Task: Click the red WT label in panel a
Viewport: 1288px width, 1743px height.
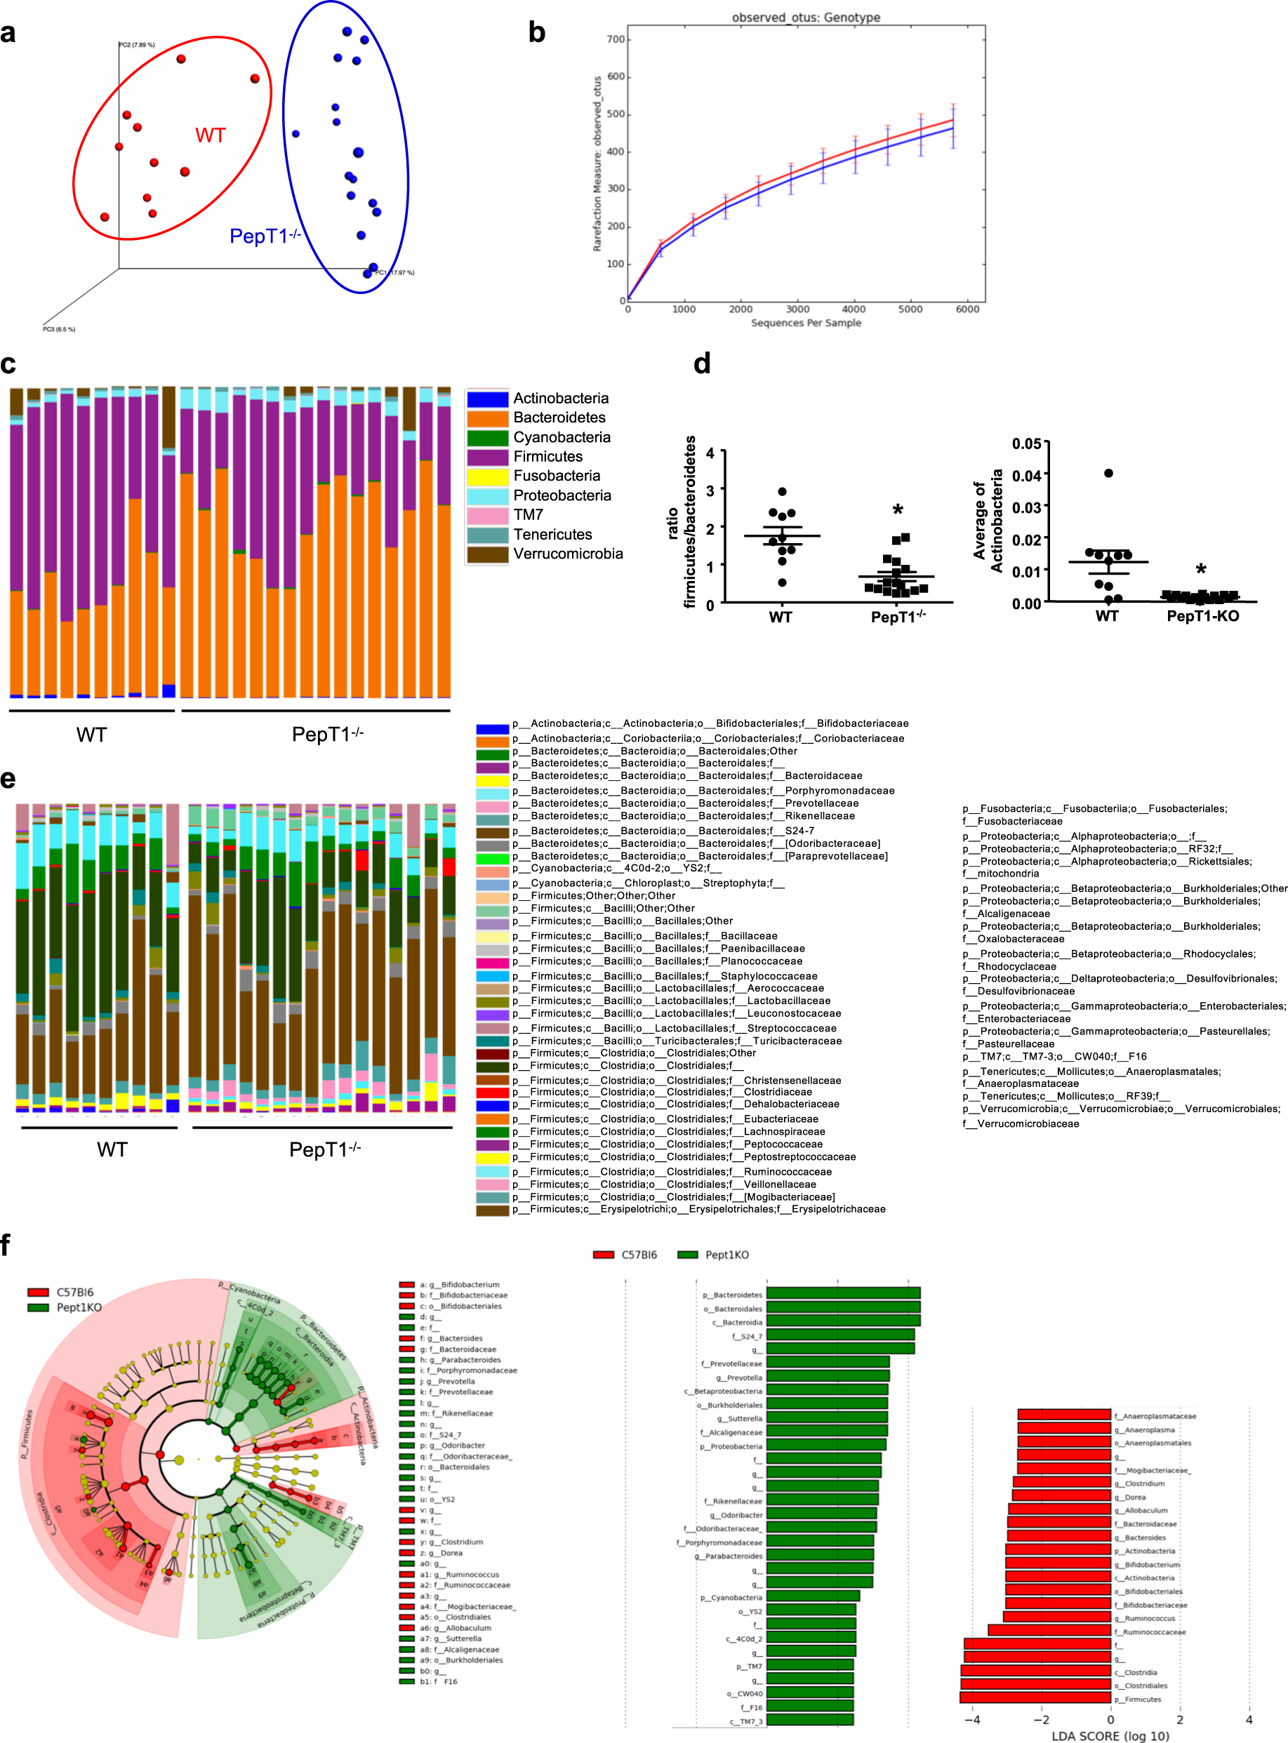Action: (211, 135)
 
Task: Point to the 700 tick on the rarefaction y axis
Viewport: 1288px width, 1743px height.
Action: (615, 40)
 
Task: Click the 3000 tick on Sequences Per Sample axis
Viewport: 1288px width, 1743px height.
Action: (797, 309)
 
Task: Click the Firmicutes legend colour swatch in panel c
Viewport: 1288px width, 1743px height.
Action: (487, 457)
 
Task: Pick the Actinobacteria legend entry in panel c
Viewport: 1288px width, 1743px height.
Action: (560, 399)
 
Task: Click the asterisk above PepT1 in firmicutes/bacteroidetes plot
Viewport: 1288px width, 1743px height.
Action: (898, 512)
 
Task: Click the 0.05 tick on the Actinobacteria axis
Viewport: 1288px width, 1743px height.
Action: (1026, 443)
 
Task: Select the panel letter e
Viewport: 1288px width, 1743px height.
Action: (8, 779)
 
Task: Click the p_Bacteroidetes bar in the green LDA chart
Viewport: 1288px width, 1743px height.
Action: (842, 1294)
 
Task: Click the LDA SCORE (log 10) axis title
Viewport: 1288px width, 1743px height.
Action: (1110, 1735)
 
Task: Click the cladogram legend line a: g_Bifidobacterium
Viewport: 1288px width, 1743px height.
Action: (459, 1285)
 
